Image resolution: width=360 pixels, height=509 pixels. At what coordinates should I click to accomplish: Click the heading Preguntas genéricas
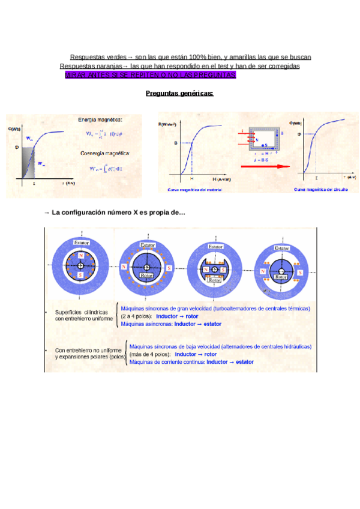click(180, 93)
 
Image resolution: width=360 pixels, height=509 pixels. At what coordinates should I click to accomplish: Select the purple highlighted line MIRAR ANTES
click(151, 74)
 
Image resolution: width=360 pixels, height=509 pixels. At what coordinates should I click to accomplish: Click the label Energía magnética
click(100, 119)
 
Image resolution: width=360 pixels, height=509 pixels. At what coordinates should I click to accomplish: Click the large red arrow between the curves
click(265, 166)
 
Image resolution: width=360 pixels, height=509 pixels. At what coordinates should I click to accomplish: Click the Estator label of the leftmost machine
click(81, 242)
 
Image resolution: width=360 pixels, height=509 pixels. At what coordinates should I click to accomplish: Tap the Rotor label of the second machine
click(147, 276)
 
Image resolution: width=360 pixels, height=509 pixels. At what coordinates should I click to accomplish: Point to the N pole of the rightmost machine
click(262, 271)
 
